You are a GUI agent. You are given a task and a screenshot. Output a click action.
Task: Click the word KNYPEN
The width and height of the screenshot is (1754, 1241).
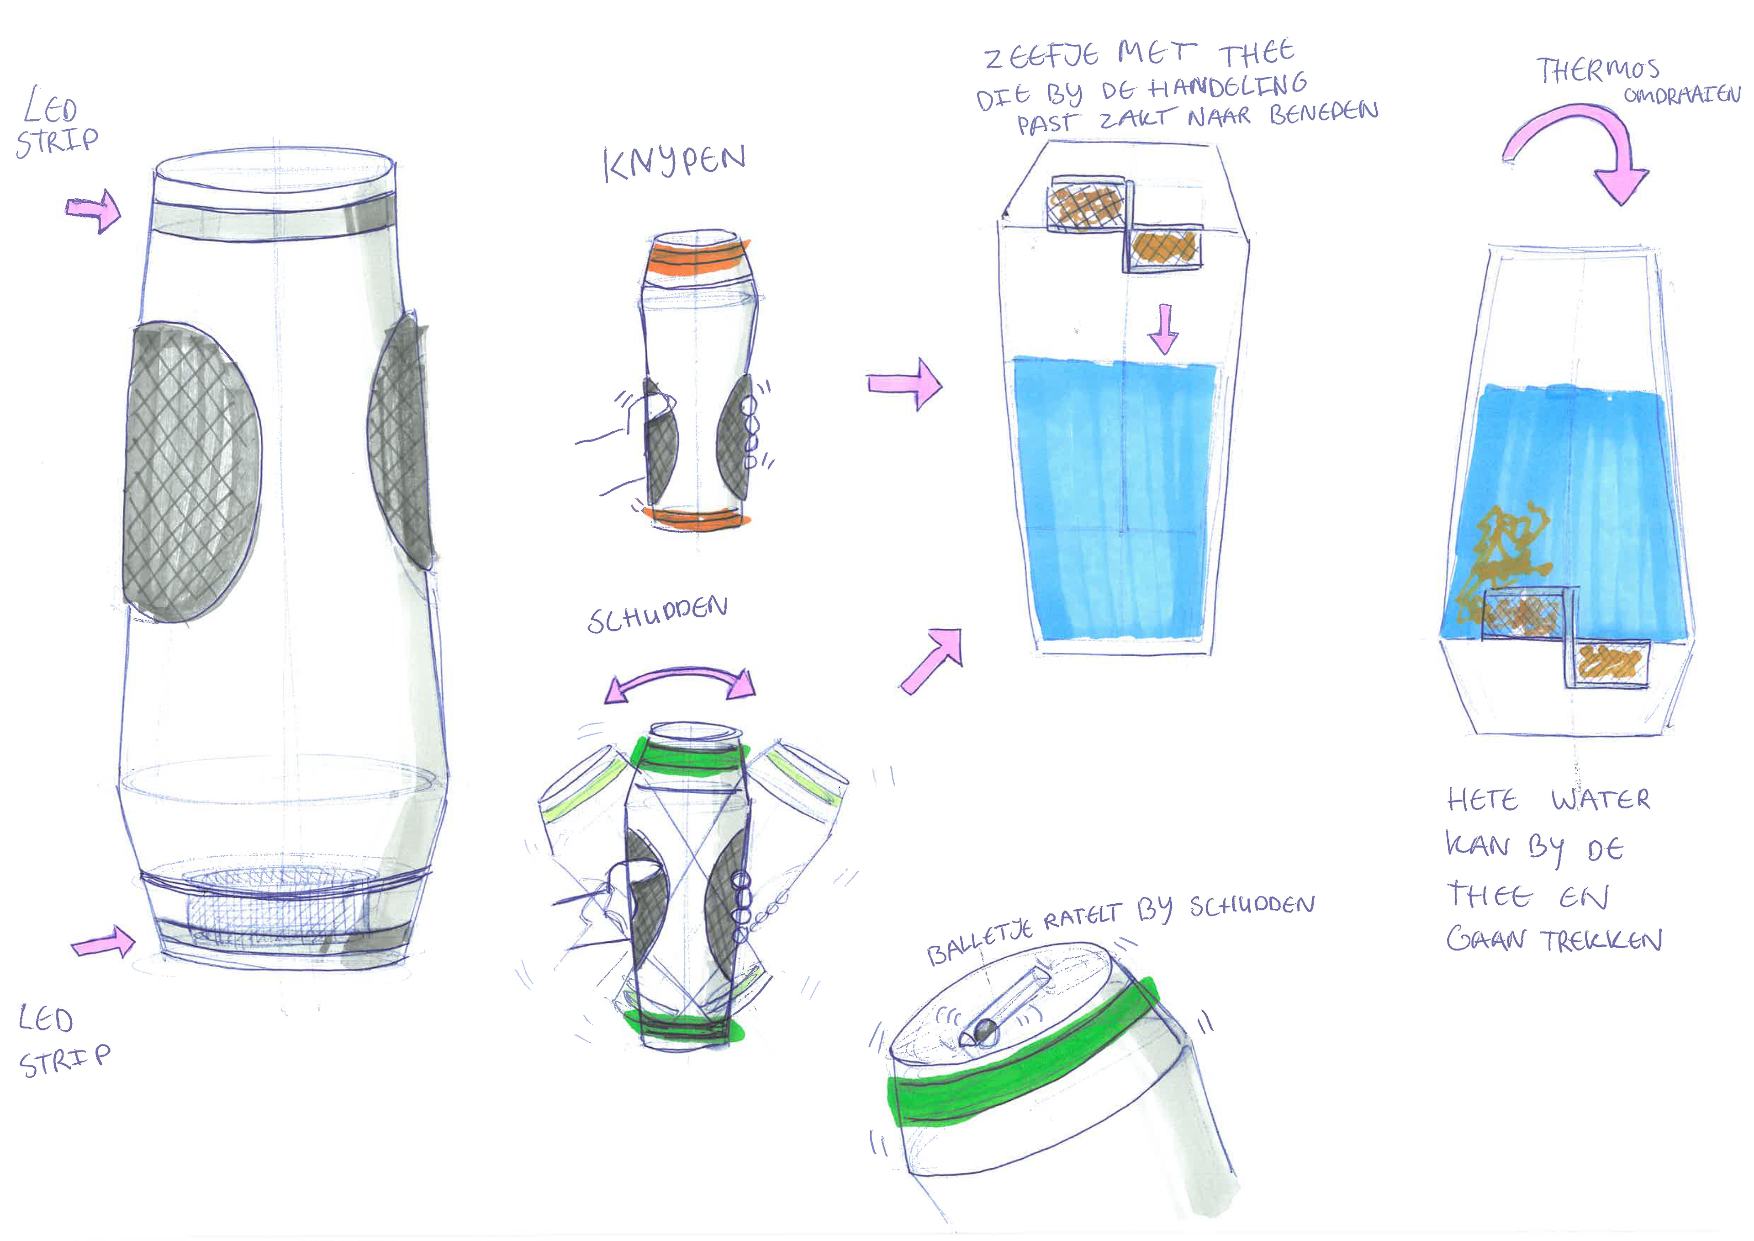tap(674, 162)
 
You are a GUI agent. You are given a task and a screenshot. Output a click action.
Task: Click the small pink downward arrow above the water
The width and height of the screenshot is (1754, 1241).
tap(1163, 329)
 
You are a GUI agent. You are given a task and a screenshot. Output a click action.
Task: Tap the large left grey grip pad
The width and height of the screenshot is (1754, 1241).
tap(191, 470)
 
